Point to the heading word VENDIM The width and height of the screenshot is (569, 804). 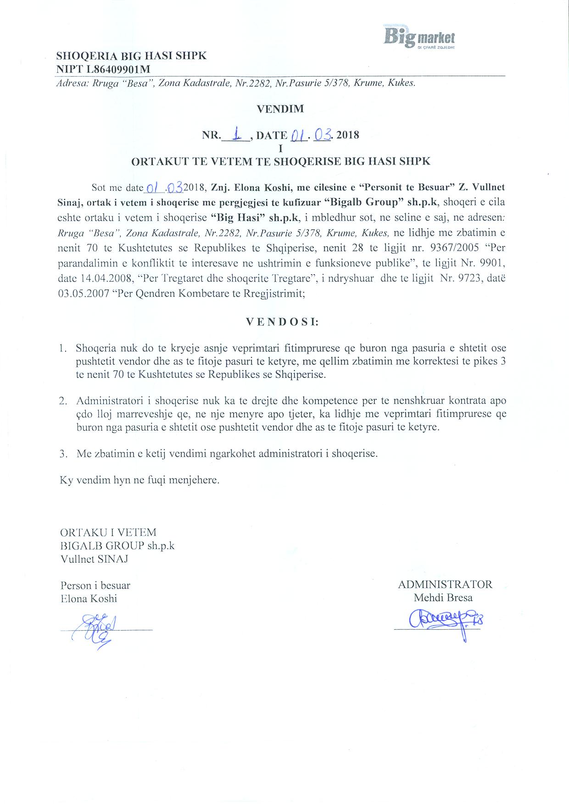[x=280, y=109]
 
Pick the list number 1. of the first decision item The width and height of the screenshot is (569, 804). [x=65, y=348]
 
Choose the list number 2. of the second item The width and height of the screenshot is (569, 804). [x=64, y=401]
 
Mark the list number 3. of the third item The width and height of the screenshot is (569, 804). [x=64, y=454]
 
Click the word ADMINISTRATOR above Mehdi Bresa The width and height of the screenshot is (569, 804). [x=445, y=584]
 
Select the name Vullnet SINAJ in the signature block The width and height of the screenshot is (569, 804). [x=94, y=559]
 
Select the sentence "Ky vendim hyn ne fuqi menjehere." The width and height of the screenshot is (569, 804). [x=140, y=481]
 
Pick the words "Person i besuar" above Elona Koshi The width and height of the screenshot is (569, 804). [x=95, y=586]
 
